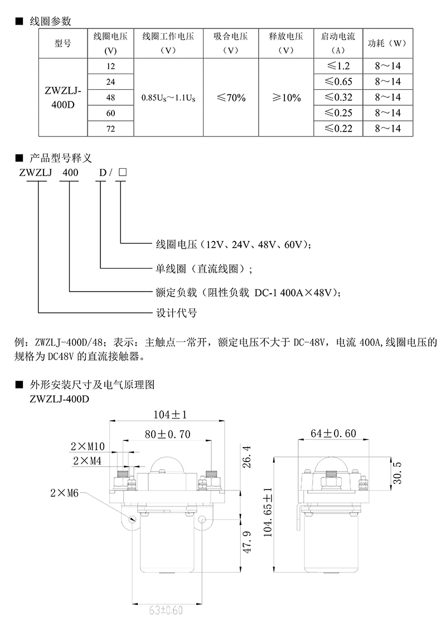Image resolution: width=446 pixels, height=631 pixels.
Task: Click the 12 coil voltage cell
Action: click(x=111, y=66)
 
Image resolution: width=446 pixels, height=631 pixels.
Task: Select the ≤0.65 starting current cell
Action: click(x=338, y=82)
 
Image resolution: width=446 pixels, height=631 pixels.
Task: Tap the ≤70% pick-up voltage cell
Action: click(x=231, y=98)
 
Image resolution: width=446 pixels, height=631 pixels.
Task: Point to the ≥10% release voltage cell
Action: click(x=286, y=98)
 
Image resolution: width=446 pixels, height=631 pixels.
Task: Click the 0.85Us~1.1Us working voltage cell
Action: click(x=168, y=98)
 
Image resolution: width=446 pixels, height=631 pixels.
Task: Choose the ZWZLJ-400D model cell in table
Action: click(x=63, y=98)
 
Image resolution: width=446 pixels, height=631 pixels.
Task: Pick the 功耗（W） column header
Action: click(x=387, y=43)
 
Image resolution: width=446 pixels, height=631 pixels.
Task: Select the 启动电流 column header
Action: click(x=338, y=43)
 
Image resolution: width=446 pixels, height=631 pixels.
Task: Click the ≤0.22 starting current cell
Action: click(x=338, y=129)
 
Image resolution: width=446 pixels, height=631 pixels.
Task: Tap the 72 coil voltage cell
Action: click(x=111, y=129)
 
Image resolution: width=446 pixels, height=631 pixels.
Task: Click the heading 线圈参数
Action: click(x=50, y=21)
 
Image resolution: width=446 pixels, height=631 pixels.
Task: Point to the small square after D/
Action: click(x=123, y=172)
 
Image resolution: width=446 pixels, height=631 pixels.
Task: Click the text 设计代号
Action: click(x=176, y=313)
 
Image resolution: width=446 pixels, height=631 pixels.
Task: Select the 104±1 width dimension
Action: click(x=170, y=415)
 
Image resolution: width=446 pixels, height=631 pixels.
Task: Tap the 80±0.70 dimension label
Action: click(x=167, y=434)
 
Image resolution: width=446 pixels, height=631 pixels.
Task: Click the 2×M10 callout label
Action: click(x=88, y=446)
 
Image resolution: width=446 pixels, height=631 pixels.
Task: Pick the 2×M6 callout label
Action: click(x=65, y=493)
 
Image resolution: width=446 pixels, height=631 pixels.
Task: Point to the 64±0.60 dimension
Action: click(x=333, y=434)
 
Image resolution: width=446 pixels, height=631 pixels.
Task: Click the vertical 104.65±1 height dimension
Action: click(x=268, y=512)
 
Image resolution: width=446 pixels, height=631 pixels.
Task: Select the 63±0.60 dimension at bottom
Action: click(x=166, y=610)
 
